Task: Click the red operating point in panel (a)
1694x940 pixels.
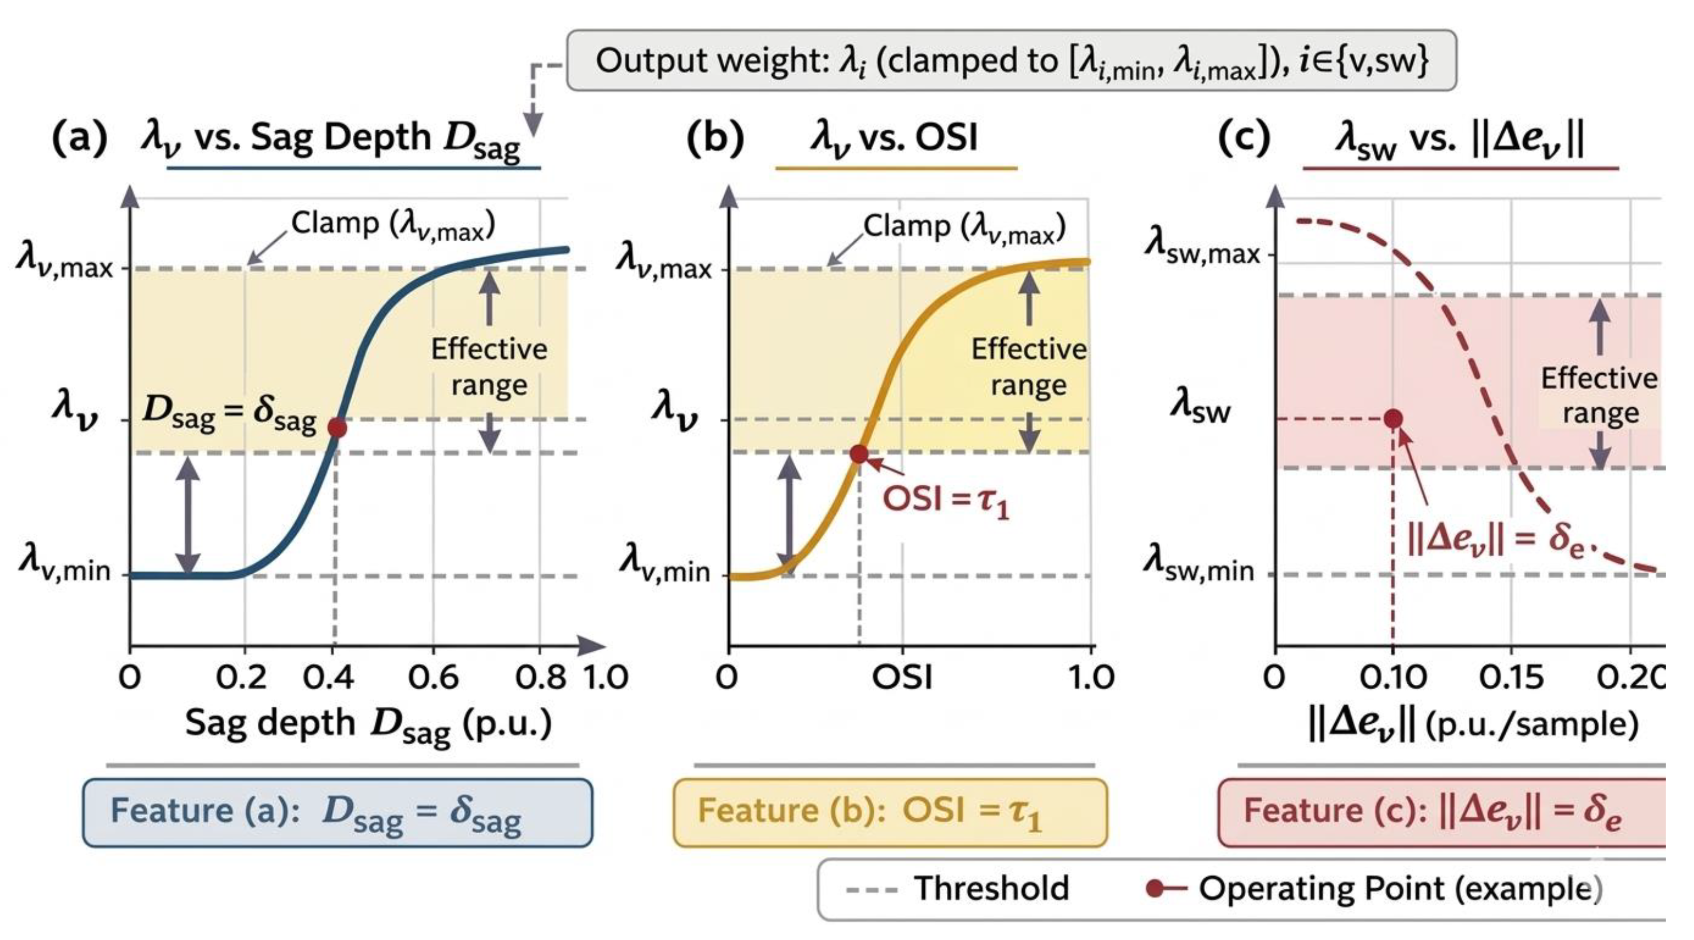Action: (337, 428)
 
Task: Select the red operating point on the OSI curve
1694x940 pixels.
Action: (859, 453)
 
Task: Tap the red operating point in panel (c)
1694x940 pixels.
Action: (1393, 418)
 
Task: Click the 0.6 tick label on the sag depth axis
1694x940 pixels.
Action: (433, 677)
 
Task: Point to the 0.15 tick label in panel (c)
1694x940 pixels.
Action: (1511, 677)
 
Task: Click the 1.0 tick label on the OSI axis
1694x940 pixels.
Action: (1090, 677)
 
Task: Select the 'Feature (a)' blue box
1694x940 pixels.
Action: (337, 812)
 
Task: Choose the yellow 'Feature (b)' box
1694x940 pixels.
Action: (890, 812)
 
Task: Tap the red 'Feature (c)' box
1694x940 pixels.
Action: (1442, 812)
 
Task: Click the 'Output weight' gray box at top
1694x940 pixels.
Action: (1011, 60)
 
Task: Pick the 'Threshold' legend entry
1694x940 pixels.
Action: (957, 889)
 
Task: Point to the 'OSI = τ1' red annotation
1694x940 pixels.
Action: (946, 500)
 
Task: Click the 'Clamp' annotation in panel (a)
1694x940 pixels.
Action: (393, 225)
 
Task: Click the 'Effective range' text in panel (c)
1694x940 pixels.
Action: (1600, 396)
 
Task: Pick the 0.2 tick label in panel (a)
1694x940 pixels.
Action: (241, 677)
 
